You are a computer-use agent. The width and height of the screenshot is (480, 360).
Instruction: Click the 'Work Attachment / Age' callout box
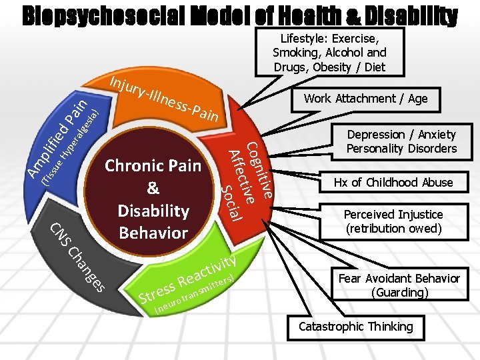(365, 99)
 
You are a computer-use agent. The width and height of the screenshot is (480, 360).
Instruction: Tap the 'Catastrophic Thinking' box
(355, 327)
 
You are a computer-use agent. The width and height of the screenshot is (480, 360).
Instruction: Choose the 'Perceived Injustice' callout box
(393, 221)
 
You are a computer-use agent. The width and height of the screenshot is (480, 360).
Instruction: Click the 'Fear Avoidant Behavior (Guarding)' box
(399, 285)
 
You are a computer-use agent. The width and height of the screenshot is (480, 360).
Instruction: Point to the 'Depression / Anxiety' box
(401, 141)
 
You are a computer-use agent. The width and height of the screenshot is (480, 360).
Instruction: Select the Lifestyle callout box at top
(329, 51)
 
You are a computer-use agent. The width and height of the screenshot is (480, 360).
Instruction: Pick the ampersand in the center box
(153, 188)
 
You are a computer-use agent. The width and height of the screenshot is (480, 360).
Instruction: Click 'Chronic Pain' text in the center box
(153, 165)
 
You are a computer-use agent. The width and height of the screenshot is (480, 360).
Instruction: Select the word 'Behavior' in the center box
(153, 233)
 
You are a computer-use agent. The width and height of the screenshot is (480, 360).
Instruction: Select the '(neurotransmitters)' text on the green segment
(193, 294)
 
